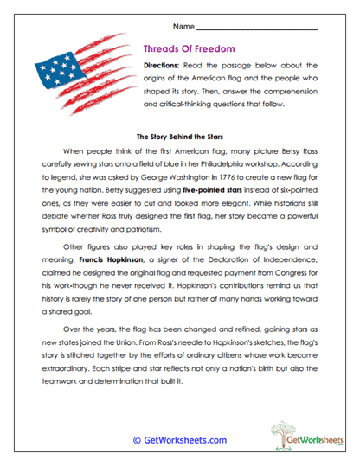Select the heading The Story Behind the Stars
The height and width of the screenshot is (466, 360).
click(179, 136)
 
